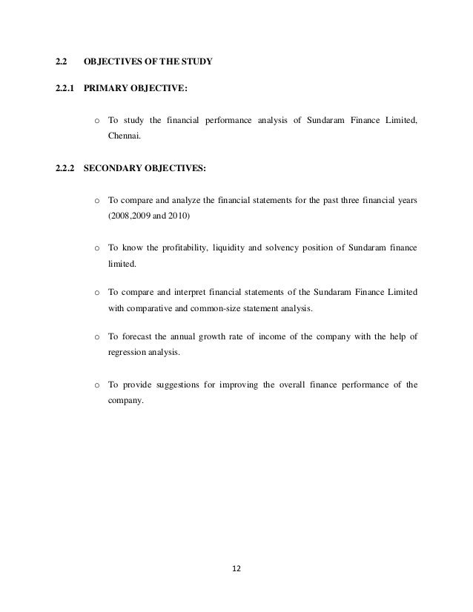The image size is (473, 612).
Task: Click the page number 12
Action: coord(236,570)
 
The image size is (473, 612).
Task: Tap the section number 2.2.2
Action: coord(67,169)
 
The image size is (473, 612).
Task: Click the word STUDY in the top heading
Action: coord(198,62)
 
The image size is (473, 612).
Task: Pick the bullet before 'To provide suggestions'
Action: coord(97,385)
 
